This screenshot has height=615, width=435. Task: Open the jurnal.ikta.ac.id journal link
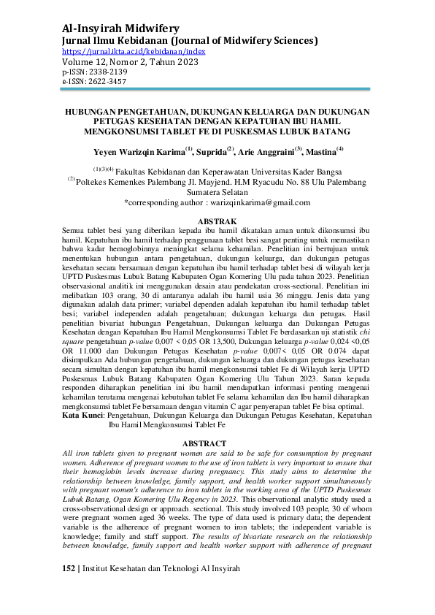[x=134, y=52]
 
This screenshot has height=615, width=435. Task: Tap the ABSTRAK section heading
[x=217, y=221]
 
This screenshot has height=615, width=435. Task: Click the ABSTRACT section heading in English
[x=217, y=443]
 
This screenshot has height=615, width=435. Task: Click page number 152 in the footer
[x=69, y=588]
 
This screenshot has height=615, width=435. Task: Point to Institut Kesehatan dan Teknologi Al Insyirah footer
[x=169, y=588]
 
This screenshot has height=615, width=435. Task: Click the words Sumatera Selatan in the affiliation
[x=217, y=191]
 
